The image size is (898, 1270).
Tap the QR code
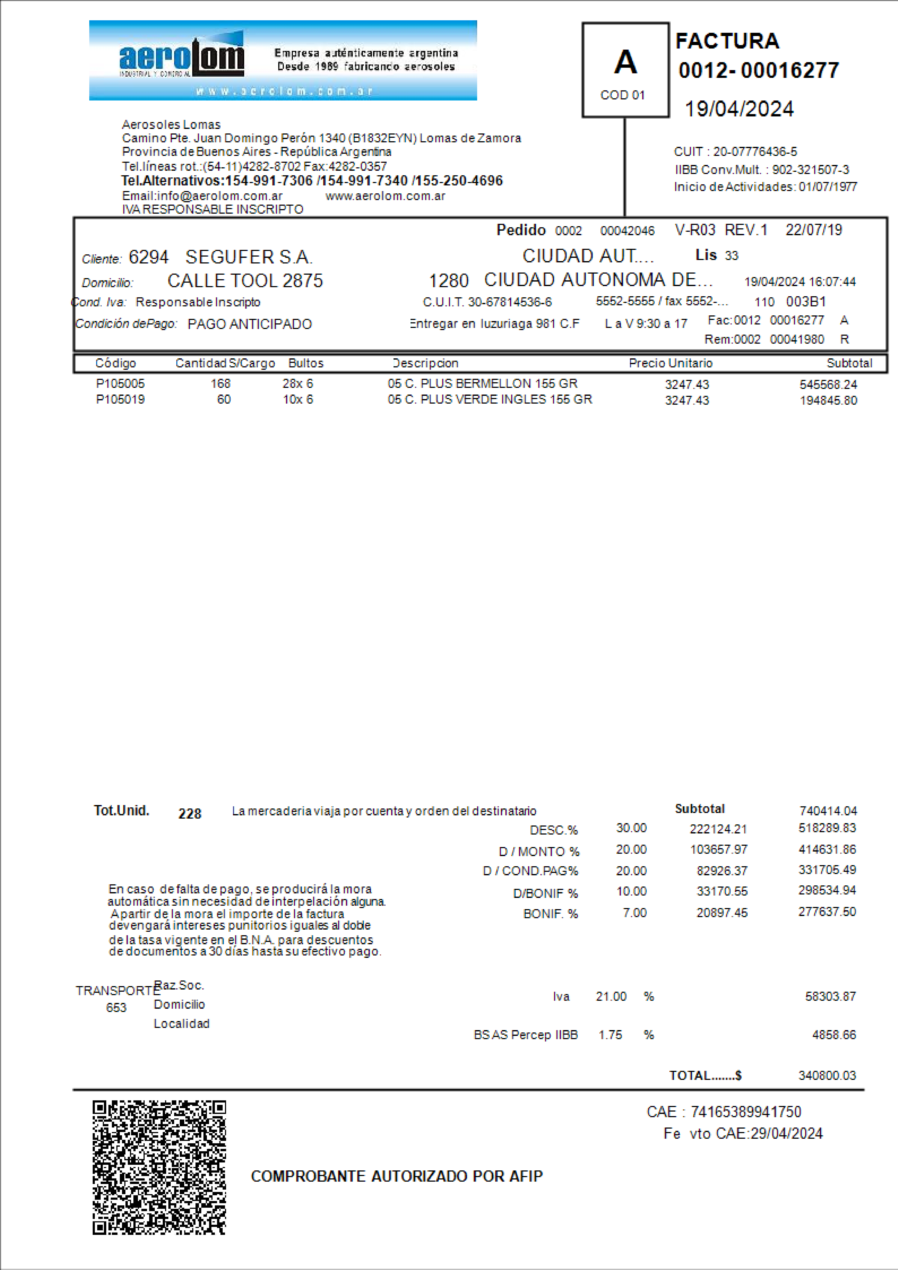click(x=159, y=1167)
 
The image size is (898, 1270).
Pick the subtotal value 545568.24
click(x=828, y=384)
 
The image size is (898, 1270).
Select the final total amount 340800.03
click(x=827, y=1075)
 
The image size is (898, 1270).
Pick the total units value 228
click(x=190, y=813)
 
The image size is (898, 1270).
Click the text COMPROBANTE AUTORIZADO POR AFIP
click(x=396, y=1176)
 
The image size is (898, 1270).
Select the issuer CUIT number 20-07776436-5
click(x=755, y=152)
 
